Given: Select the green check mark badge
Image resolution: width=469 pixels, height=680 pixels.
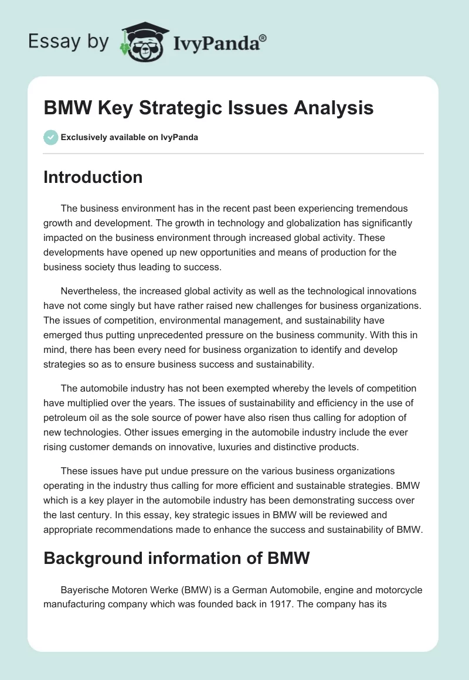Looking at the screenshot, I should click(50, 137).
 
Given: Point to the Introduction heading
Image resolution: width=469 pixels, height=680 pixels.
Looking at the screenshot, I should click(93, 177).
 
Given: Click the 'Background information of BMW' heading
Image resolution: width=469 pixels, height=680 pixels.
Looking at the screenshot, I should click(176, 558).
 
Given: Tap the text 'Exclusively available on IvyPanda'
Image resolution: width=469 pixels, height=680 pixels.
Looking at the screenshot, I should click(130, 138).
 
